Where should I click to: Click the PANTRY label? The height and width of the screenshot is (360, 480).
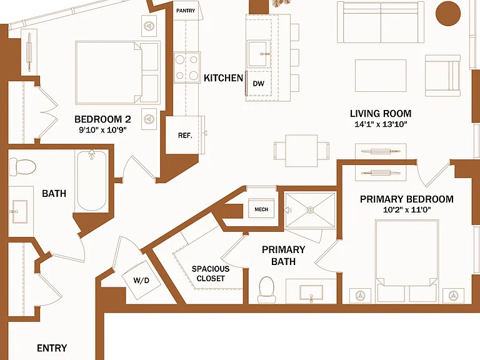pos(186,11)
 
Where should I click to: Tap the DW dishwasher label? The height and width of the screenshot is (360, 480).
pos(258,84)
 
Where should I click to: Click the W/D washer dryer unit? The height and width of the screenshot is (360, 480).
pos(141,280)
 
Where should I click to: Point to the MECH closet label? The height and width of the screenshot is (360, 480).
pos(261,209)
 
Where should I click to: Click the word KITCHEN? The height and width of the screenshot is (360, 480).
pos(224,78)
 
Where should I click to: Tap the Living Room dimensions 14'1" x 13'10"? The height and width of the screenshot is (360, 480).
pos(381,124)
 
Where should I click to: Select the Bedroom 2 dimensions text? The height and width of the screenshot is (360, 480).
pos(102,130)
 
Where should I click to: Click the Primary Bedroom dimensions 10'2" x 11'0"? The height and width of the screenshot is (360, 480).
pos(407,210)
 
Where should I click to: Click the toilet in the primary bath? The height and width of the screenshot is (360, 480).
pos(266,289)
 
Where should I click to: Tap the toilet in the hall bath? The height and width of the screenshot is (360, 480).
pos(22,167)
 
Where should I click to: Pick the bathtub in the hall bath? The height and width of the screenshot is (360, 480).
pos(91,181)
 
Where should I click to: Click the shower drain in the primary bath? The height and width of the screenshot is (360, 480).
pos(310,210)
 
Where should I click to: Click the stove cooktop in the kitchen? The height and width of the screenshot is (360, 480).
pos(187,67)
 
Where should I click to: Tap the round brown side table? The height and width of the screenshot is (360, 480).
pos(448,13)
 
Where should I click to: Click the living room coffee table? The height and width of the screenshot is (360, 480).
pos(381,76)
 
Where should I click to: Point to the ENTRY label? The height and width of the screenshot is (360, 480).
pos(52,348)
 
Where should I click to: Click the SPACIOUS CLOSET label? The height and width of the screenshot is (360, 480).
pos(211,274)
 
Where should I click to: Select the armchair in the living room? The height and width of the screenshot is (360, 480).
pos(442,76)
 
